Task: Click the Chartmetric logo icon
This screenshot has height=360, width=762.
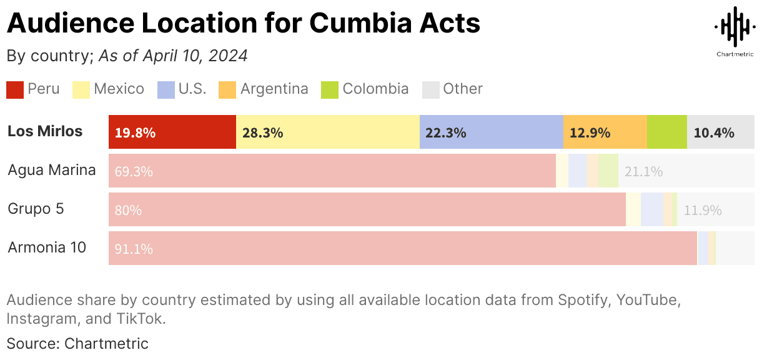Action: pyautogui.click(x=734, y=26)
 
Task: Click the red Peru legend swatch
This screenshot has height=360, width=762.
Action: pyautogui.click(x=15, y=89)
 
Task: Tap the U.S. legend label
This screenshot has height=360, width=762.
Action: pyautogui.click(x=192, y=89)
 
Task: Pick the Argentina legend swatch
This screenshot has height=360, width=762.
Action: pyautogui.click(x=227, y=89)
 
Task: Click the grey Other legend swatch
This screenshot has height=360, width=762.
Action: pyautogui.click(x=431, y=89)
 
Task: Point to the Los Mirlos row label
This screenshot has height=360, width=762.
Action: pyautogui.click(x=45, y=131)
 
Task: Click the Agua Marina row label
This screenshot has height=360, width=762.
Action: pyautogui.click(x=52, y=170)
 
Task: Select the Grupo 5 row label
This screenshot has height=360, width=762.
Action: pyautogui.click(x=36, y=209)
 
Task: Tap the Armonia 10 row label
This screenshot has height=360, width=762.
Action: pyautogui.click(x=47, y=247)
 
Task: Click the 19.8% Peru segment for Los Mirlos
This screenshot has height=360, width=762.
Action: pyautogui.click(x=172, y=132)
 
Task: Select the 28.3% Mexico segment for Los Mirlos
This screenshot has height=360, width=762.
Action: pyautogui.click(x=327, y=132)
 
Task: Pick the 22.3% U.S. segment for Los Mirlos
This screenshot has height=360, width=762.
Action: pyautogui.click(x=491, y=132)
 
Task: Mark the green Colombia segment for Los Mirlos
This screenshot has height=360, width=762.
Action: pyautogui.click(x=666, y=132)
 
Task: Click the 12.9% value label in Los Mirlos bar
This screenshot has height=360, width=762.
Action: pyautogui.click(x=589, y=132)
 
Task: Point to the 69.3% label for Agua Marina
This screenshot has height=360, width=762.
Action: pyautogui.click(x=134, y=171)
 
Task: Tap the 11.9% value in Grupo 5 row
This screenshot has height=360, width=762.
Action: pyautogui.click(x=703, y=210)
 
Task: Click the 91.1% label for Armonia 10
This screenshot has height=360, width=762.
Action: pyautogui.click(x=134, y=249)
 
